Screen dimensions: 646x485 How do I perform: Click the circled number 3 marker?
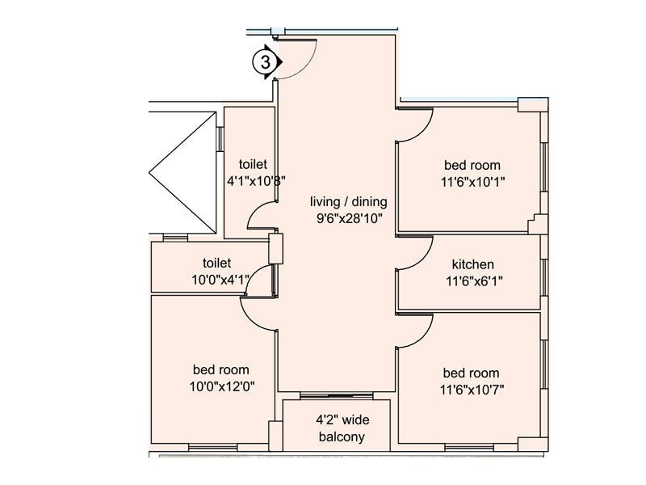pyautogui.click(x=266, y=62)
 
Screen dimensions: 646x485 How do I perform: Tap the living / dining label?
pyautogui.click(x=349, y=201)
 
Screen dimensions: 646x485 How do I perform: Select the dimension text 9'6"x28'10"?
pyautogui.click(x=350, y=218)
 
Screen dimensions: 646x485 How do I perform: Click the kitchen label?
pyautogui.click(x=473, y=264)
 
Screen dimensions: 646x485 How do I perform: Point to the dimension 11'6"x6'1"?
pyautogui.click(x=474, y=281)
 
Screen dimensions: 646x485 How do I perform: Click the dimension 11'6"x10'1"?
pyautogui.click(x=473, y=182)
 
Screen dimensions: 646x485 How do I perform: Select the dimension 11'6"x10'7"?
pyautogui.click(x=472, y=390)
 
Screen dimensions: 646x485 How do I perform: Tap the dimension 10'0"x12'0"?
pyautogui.click(x=222, y=386)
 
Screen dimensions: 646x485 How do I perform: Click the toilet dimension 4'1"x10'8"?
pyautogui.click(x=256, y=180)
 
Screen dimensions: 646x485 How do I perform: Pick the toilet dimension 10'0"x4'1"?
pyautogui.click(x=220, y=280)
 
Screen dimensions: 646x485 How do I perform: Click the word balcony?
pyautogui.click(x=342, y=436)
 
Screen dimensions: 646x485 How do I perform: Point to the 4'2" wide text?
pyautogui.click(x=342, y=420)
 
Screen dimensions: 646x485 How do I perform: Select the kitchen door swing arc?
pyautogui.click(x=422, y=259)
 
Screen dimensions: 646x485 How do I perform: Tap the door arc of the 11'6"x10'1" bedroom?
pyautogui.click(x=422, y=132)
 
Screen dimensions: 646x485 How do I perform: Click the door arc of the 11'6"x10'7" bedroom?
pyautogui.click(x=422, y=337)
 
